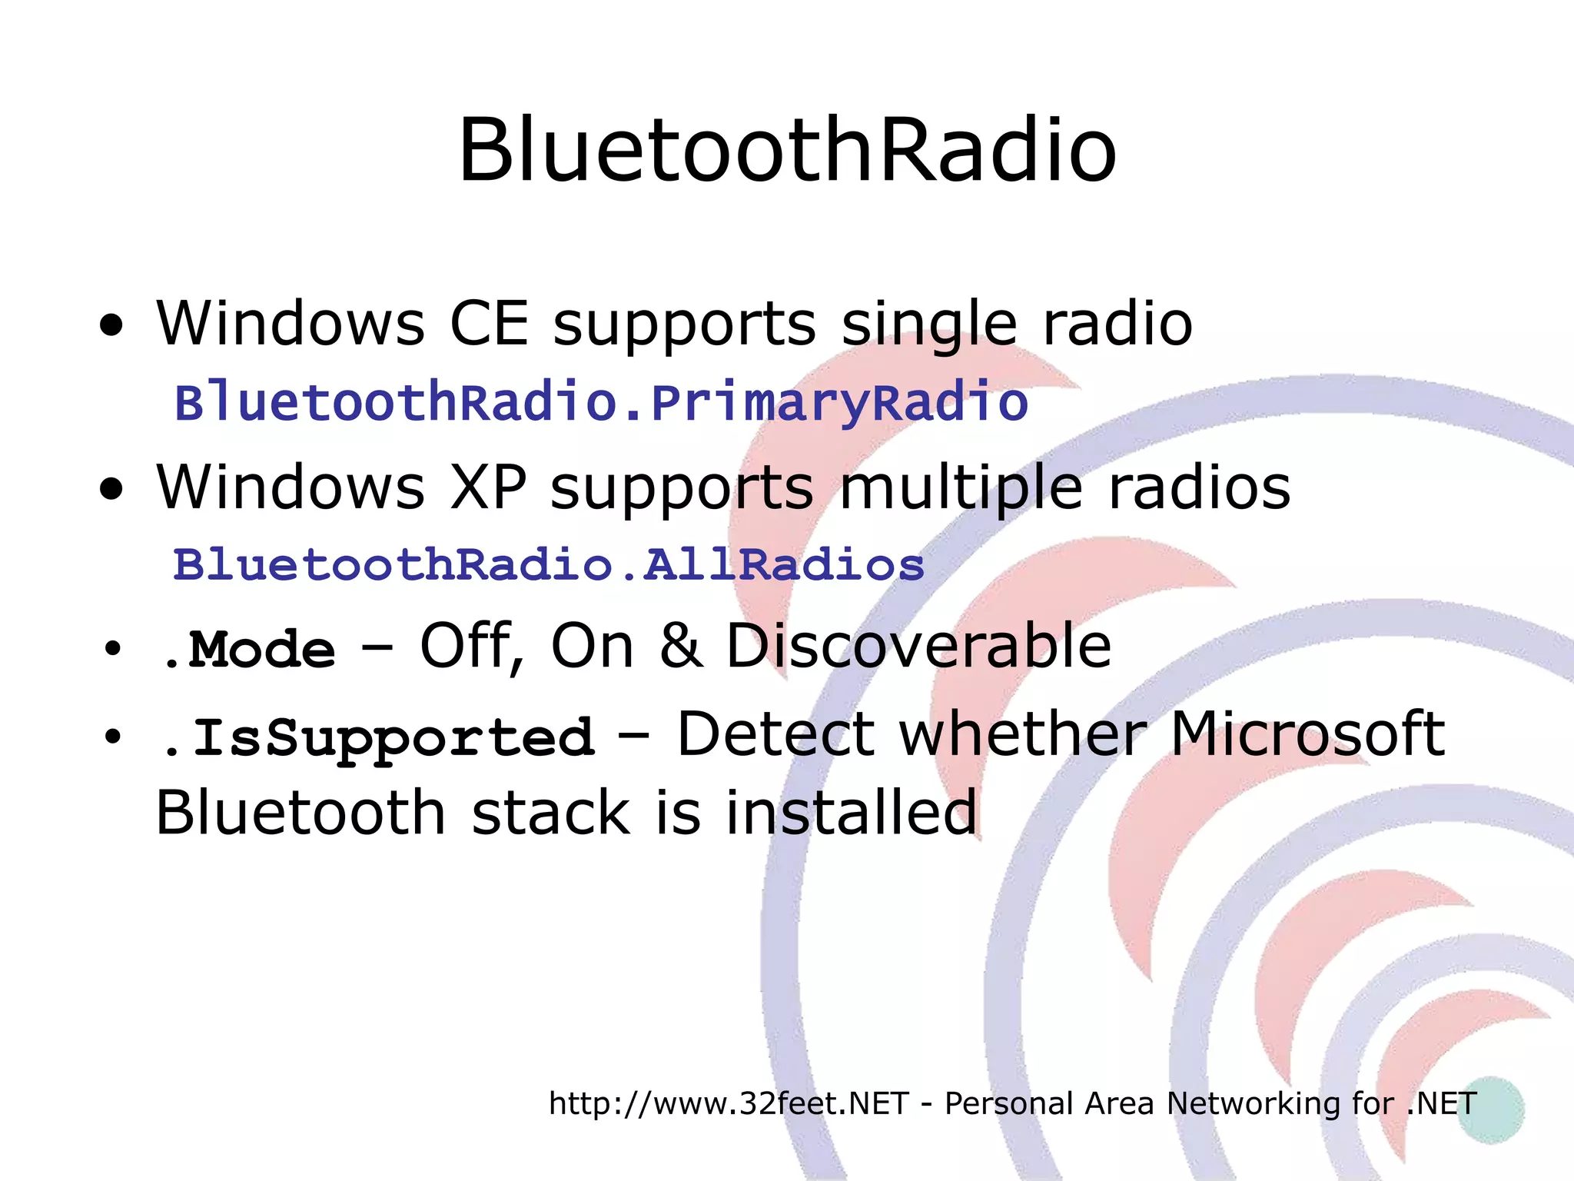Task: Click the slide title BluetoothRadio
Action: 786,151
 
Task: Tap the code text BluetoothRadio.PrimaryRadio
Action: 601,403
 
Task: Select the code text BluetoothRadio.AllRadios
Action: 548,565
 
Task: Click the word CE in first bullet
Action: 489,324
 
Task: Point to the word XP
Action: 488,487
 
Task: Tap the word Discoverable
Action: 918,647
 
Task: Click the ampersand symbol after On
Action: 680,647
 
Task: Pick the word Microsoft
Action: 1307,734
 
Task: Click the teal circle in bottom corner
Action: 1490,1109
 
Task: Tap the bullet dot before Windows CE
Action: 111,326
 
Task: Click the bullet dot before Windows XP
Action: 111,490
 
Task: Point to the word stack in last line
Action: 550,813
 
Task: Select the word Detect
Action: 776,734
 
